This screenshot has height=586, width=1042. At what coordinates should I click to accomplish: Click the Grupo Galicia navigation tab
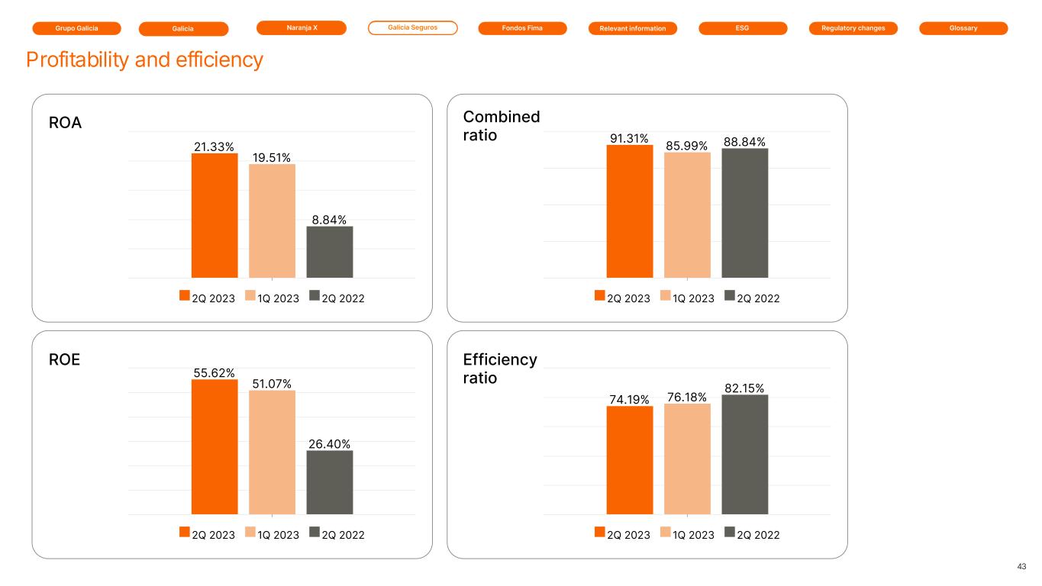(x=77, y=28)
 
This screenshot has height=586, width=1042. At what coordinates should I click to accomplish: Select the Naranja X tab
(x=302, y=28)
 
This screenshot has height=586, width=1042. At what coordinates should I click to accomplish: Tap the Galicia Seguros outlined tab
(x=413, y=28)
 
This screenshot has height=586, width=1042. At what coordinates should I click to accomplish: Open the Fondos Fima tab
(x=523, y=28)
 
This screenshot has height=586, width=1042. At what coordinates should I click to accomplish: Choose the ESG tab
(x=743, y=28)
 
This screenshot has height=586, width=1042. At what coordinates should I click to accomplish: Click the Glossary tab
(x=963, y=28)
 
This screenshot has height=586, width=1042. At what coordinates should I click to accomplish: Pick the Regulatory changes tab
(x=853, y=28)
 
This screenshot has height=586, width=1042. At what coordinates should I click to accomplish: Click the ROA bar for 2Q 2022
(x=330, y=252)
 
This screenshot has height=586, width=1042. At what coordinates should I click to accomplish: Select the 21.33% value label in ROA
(x=214, y=146)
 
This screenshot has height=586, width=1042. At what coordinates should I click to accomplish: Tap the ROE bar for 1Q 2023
(x=272, y=452)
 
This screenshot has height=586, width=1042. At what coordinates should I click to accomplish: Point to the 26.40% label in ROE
(x=330, y=443)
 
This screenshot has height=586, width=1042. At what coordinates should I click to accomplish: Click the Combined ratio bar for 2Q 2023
(x=630, y=211)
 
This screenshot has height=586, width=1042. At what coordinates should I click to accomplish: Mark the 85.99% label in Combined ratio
(x=687, y=145)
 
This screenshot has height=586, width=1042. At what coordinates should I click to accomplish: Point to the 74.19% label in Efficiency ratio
(x=629, y=398)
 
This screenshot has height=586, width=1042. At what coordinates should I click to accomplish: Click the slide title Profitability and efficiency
(x=144, y=60)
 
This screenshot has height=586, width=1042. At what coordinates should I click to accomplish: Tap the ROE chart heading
(x=64, y=359)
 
